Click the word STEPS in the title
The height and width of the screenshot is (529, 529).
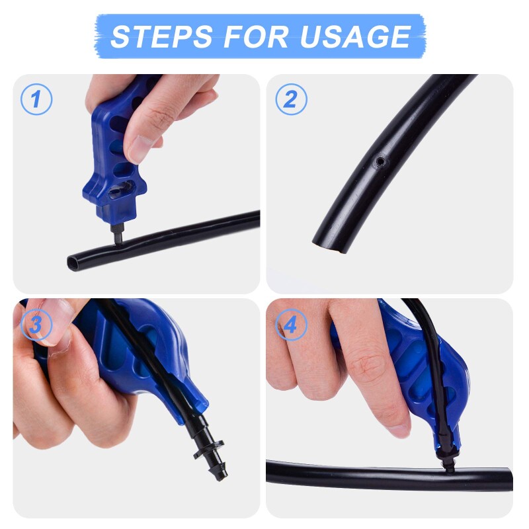coord(161,36)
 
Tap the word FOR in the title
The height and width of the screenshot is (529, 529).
coord(256,36)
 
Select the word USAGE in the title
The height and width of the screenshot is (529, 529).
coord(355,36)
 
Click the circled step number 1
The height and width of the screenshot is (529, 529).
coord(36,99)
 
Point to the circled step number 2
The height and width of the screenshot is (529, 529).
coord(291,99)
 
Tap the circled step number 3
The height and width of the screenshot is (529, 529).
coord(36,325)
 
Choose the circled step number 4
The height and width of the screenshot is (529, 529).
coord(291,325)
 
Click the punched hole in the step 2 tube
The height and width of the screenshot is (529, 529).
coord(380,161)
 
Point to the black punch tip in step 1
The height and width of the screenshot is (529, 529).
coord(116,235)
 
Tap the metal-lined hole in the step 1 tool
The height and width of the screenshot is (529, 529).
coord(122,189)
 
